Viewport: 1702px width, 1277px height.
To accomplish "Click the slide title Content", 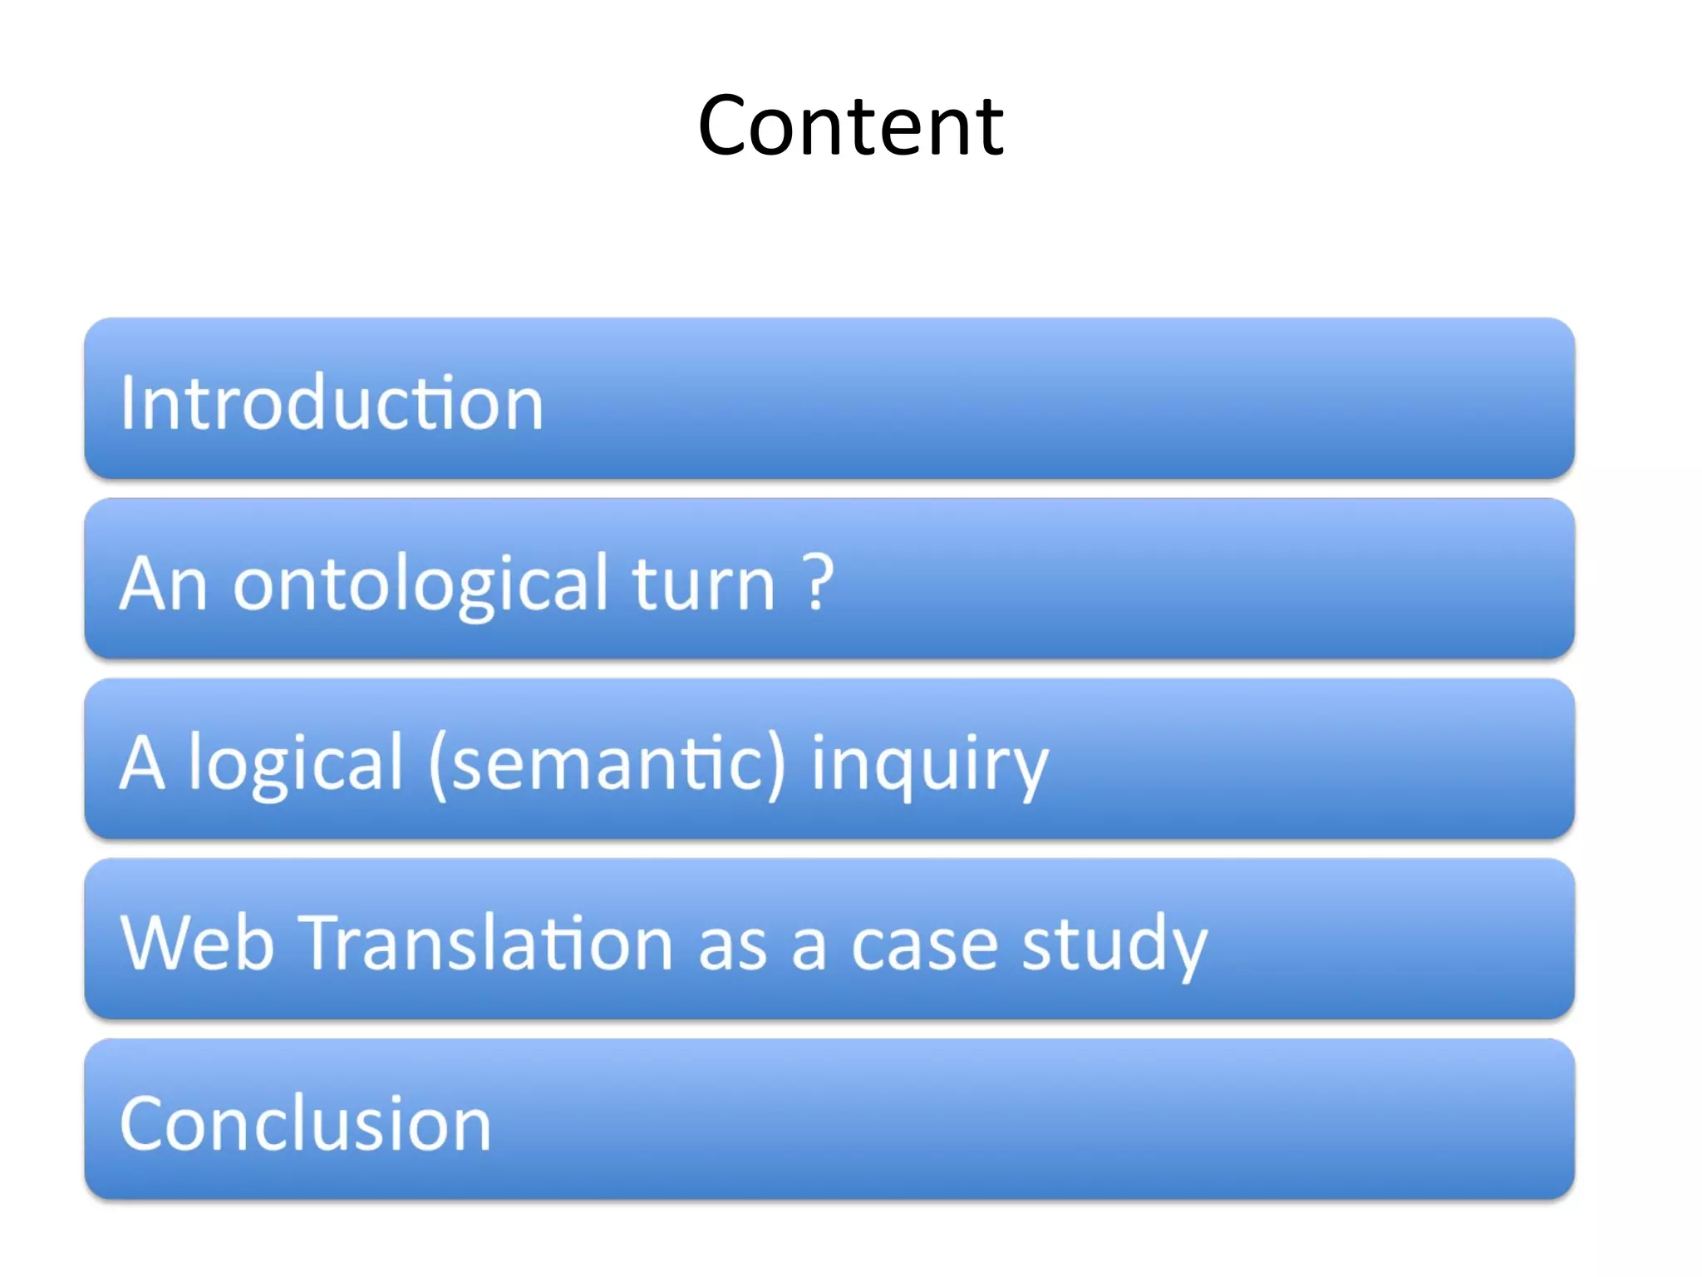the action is point(851,126).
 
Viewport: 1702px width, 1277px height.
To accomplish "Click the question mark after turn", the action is point(819,582).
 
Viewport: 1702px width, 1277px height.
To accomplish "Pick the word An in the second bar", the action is point(163,584).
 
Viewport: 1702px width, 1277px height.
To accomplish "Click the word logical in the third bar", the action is point(296,765).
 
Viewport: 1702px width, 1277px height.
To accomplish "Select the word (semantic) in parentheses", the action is point(607,765).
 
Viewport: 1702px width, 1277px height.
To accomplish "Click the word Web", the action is point(198,944).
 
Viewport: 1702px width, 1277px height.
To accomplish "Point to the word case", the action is point(924,946).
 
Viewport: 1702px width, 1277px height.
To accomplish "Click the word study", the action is point(1114,946).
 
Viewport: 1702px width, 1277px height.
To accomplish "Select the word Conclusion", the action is point(306,1124).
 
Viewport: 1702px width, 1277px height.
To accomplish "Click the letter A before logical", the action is point(142,763).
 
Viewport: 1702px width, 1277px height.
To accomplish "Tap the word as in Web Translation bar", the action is point(732,948).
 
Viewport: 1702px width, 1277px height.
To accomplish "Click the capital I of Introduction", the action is point(127,402).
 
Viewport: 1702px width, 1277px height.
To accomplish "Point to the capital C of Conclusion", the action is point(145,1124).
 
